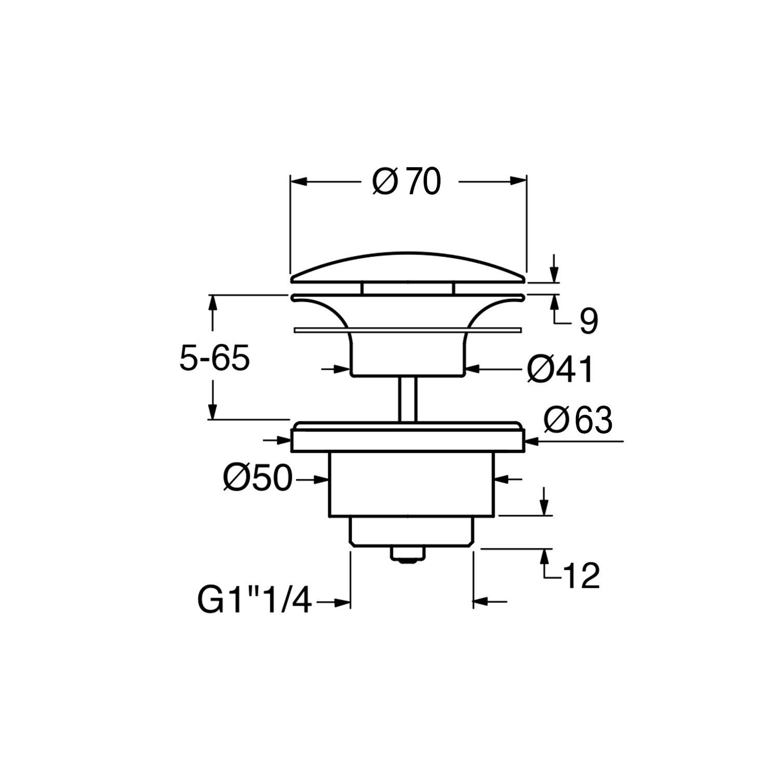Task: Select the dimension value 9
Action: pos(588,321)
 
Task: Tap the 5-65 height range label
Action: pos(214,358)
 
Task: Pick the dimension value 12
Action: pos(581,575)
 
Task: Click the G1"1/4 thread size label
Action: pos(254,602)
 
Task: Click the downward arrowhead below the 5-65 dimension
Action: pos(212,411)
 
